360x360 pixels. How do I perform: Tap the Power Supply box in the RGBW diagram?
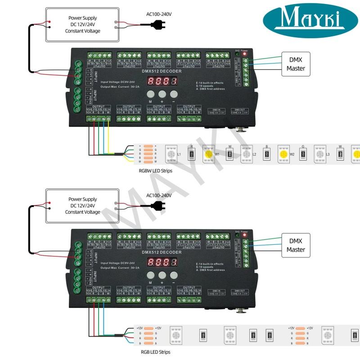click(x=82, y=24)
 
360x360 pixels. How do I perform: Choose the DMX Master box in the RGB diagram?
click(x=296, y=245)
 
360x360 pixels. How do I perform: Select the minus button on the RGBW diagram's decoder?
click(x=173, y=94)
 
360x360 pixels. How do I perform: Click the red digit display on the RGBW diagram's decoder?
click(x=162, y=81)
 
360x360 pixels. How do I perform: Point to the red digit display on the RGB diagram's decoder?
click(x=162, y=262)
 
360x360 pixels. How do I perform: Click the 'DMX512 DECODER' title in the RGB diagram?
click(x=161, y=252)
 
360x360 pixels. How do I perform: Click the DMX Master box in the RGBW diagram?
click(x=296, y=64)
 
